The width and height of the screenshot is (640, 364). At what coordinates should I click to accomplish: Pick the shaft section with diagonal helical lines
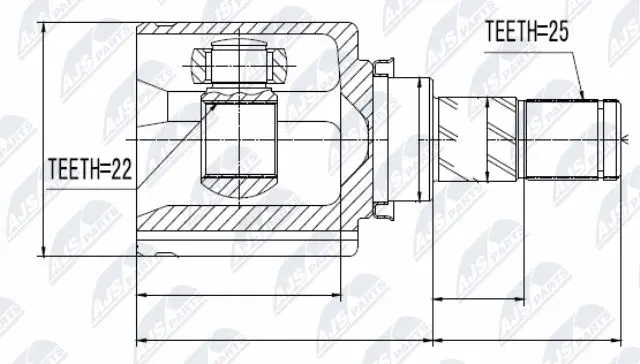click(x=478, y=139)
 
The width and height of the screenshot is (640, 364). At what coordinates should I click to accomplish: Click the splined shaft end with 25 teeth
click(x=565, y=137)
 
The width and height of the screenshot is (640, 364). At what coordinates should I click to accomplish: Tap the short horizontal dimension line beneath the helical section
click(x=478, y=297)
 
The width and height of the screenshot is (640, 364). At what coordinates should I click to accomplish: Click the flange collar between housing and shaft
click(x=383, y=137)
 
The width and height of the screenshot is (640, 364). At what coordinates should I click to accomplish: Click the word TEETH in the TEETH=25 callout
click(x=510, y=32)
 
